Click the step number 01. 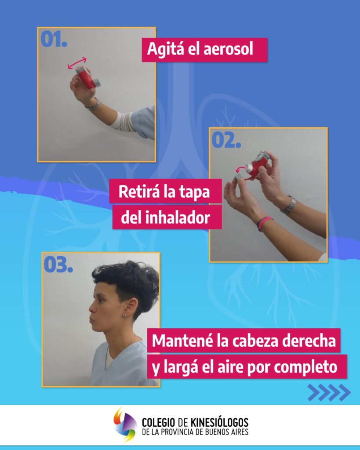(54, 39)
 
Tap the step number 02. (226, 140)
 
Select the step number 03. (58, 264)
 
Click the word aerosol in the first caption (229, 49)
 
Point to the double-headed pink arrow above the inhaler (77, 63)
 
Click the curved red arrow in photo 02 (240, 169)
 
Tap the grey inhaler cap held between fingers (239, 178)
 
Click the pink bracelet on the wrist (264, 223)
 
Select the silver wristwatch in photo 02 (289, 205)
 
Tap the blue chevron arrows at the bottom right (329, 392)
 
